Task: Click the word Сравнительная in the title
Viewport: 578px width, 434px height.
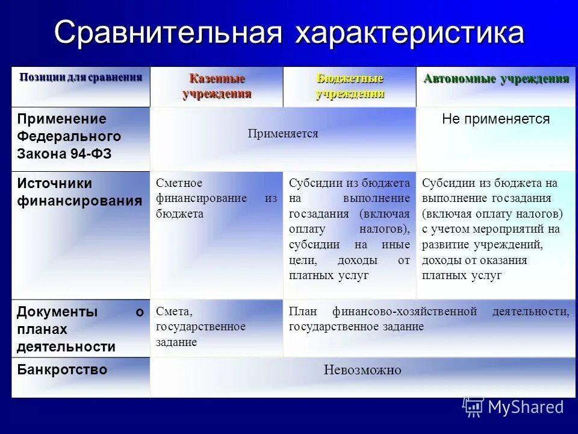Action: click(168, 33)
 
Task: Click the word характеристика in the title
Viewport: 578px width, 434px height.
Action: click(409, 33)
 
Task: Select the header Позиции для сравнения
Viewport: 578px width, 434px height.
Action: click(81, 77)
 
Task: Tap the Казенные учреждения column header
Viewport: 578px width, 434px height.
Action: click(217, 86)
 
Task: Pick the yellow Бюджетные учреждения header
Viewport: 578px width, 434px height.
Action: click(350, 86)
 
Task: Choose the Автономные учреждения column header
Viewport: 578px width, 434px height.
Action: click(496, 79)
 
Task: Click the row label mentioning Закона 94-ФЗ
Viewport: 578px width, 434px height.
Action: click(64, 154)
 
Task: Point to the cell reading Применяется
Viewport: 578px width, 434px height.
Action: click(282, 134)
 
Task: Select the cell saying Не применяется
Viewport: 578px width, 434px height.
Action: click(496, 119)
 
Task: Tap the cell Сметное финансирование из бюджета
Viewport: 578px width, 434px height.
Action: click(216, 198)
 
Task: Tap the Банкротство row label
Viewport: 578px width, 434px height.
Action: click(62, 370)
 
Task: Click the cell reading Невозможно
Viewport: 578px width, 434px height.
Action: click(362, 370)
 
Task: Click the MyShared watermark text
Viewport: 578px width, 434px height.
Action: click(526, 407)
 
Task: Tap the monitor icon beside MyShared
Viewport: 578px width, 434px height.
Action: click(473, 407)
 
